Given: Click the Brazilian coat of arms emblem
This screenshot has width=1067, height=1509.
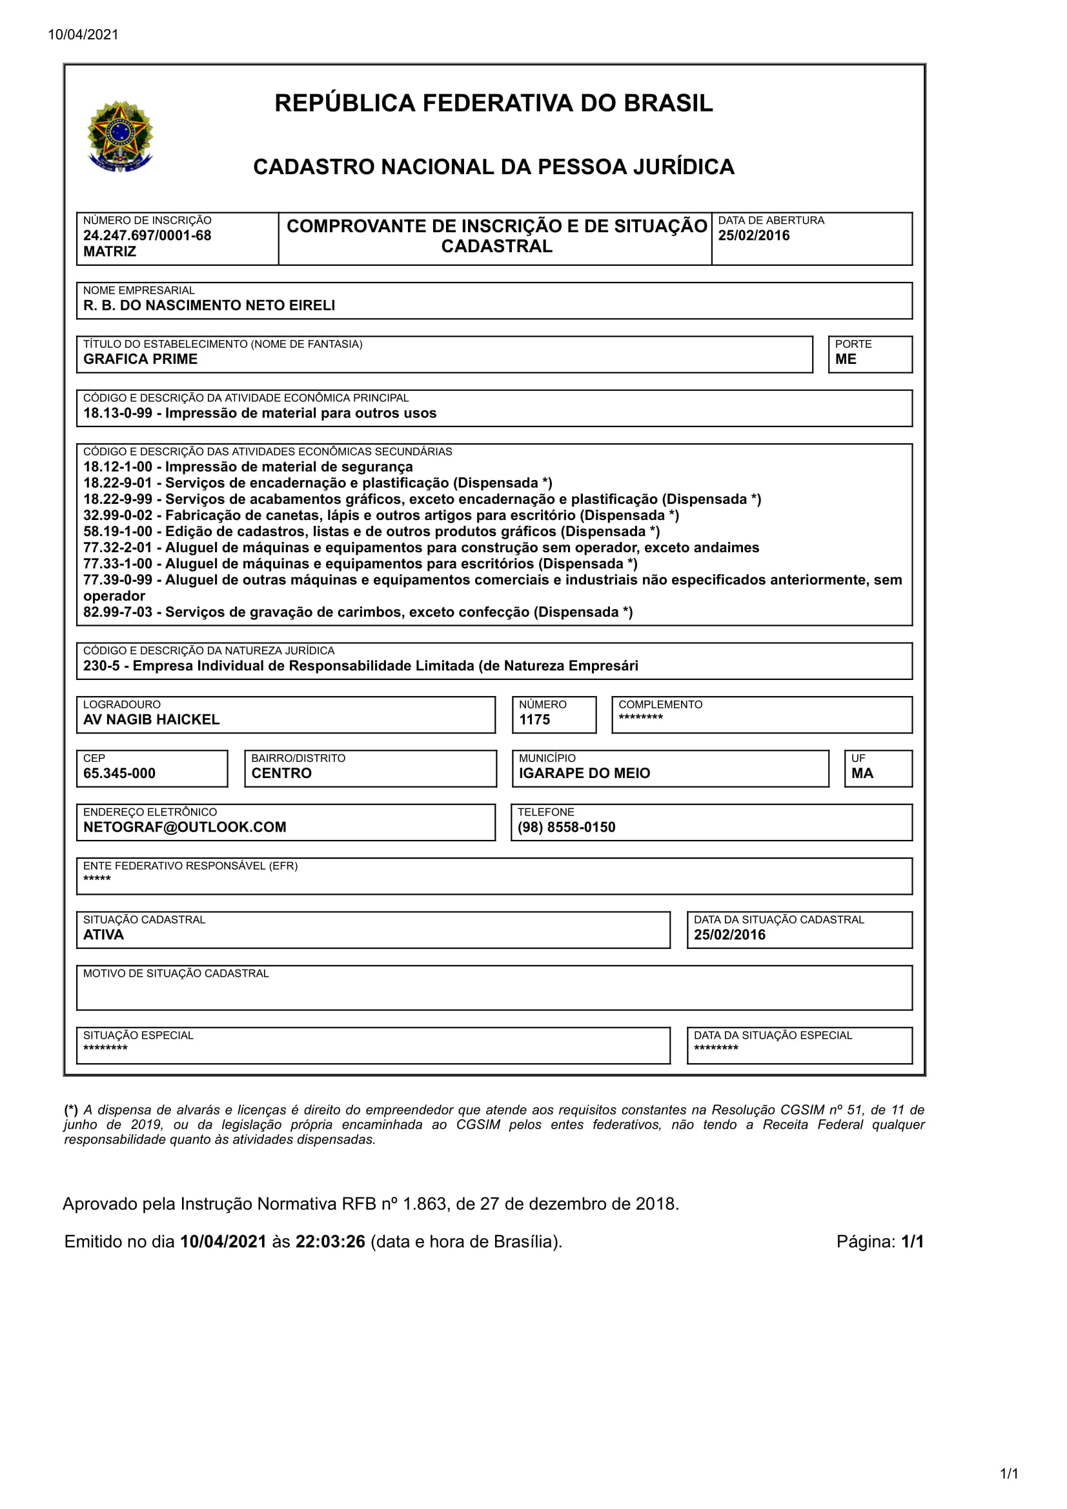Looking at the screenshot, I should click(119, 136).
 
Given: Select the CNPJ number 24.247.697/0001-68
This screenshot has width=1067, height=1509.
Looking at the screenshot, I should click(147, 235).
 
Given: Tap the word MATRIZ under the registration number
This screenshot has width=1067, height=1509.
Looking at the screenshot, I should click(109, 252).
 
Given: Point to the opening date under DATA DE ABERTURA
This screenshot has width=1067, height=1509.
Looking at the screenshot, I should click(753, 235).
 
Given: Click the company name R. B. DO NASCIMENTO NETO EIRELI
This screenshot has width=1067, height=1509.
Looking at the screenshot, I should click(208, 306).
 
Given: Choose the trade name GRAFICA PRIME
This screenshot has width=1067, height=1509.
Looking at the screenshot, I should click(140, 359).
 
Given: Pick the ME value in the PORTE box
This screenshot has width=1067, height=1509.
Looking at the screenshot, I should click(846, 359).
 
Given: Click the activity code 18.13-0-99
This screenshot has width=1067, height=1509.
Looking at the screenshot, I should click(117, 414).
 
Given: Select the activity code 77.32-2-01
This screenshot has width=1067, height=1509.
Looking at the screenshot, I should click(117, 548).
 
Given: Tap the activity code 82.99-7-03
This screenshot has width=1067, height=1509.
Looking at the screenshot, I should click(117, 612).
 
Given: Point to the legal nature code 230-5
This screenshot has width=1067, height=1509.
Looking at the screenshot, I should click(101, 666).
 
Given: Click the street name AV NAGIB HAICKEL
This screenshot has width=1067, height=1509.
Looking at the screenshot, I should click(151, 720).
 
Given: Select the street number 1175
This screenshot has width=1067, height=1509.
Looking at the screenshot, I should click(534, 720).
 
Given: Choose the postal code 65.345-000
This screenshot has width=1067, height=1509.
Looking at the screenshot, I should click(119, 774).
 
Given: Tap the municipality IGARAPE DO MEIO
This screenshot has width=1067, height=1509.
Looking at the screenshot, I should click(584, 774).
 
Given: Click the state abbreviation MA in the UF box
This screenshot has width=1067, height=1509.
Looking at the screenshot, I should click(862, 774).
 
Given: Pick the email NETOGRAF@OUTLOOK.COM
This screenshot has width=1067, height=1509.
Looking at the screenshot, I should click(185, 828).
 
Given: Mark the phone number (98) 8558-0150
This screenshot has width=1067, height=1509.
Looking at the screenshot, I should click(566, 828).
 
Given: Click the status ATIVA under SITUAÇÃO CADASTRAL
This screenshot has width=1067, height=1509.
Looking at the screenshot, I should click(103, 935).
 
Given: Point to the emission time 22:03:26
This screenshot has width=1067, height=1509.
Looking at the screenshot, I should click(330, 1241).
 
